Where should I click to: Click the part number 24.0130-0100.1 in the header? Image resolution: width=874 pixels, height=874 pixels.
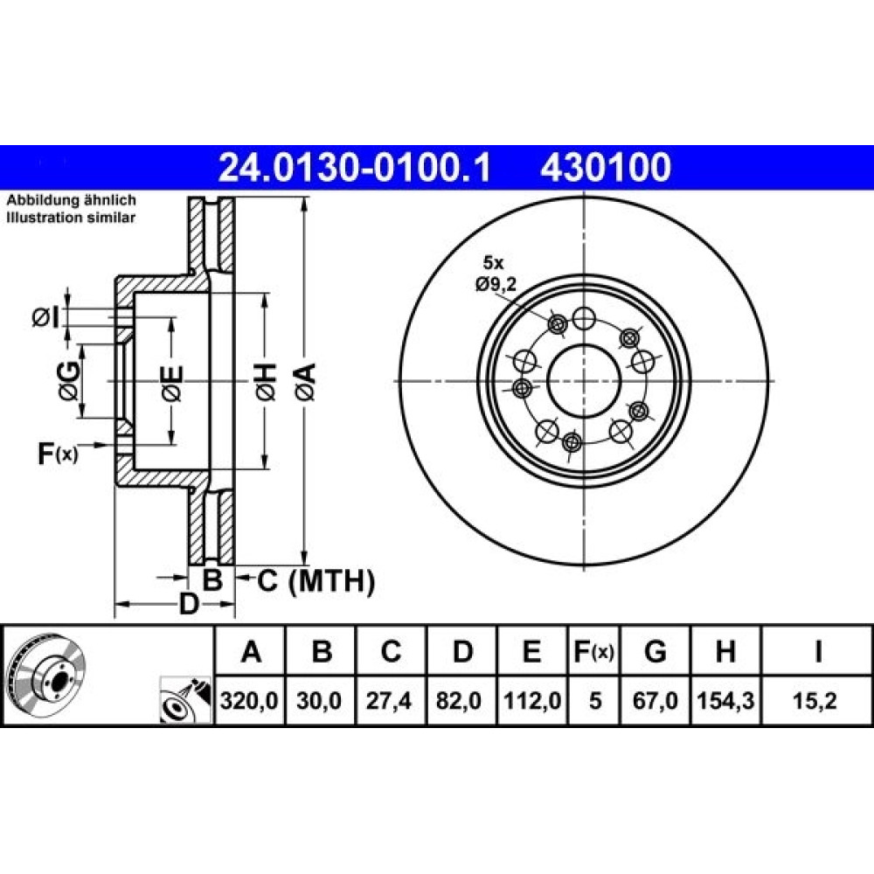(355, 168)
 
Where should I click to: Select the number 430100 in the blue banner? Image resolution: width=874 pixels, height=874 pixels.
(606, 168)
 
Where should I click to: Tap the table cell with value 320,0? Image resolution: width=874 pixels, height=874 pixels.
(249, 701)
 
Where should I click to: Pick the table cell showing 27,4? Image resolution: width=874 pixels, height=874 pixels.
(389, 701)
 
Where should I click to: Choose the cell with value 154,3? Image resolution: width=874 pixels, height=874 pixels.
(725, 701)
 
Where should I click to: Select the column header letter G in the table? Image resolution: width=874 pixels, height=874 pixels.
(655, 651)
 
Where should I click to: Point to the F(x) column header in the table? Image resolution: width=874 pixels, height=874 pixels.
(593, 651)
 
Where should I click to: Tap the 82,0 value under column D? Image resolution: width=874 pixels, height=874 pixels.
(459, 701)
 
